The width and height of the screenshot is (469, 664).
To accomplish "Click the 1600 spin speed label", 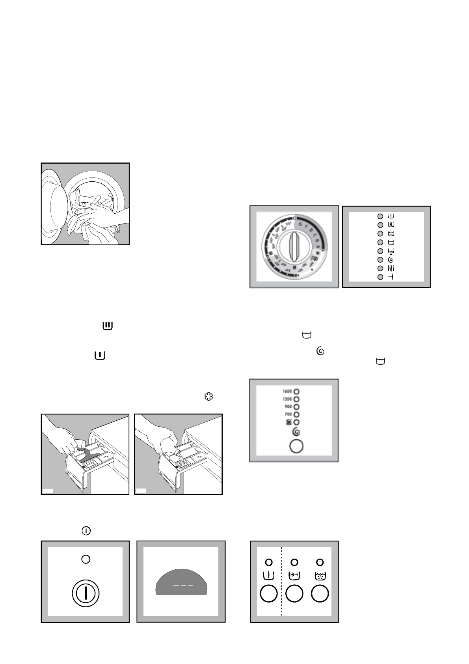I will coord(287,392).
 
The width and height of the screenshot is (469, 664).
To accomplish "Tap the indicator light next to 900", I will coord(296,407).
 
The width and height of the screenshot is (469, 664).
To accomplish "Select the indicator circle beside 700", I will coord(296,414).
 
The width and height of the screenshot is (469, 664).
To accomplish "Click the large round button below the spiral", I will coord(296,446).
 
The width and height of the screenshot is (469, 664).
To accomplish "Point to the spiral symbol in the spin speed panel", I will coord(296,432).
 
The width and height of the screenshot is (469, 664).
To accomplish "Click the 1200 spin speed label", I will coord(287,399).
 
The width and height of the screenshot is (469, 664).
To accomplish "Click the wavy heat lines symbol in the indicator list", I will coord(391,269).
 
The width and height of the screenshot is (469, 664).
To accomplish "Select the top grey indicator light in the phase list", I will coord(380,216).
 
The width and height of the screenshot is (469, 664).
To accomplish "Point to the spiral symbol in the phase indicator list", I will coord(391,260).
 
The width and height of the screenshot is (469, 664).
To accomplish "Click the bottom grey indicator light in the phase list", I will coord(380,277).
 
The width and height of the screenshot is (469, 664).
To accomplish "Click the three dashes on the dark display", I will coord(183,585).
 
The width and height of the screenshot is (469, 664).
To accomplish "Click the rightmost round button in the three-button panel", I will coord(320,593).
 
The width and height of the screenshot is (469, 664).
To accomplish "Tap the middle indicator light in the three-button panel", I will coord(294,562).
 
